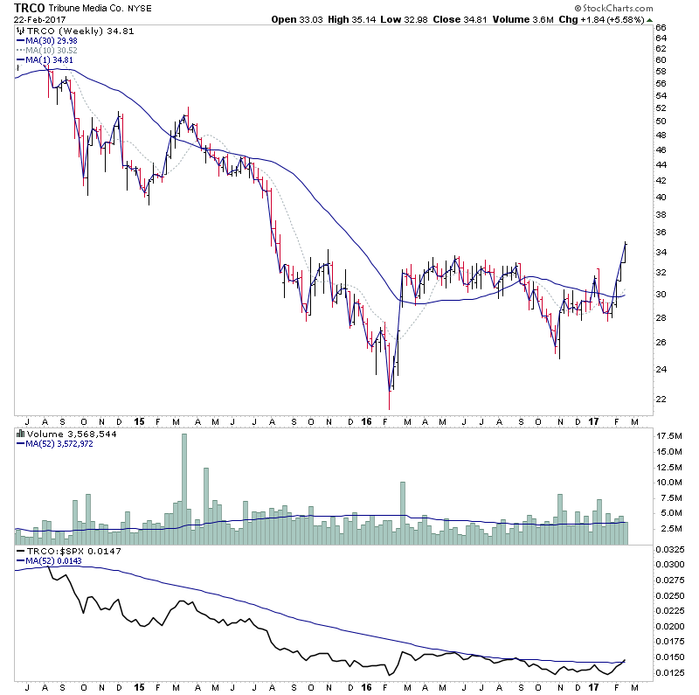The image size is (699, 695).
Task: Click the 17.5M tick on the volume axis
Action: [x=668, y=434]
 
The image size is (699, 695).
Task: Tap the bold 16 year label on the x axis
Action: [x=366, y=420]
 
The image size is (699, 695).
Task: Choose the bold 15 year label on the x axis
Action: [x=139, y=420]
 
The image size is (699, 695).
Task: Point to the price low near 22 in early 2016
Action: [x=390, y=404]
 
